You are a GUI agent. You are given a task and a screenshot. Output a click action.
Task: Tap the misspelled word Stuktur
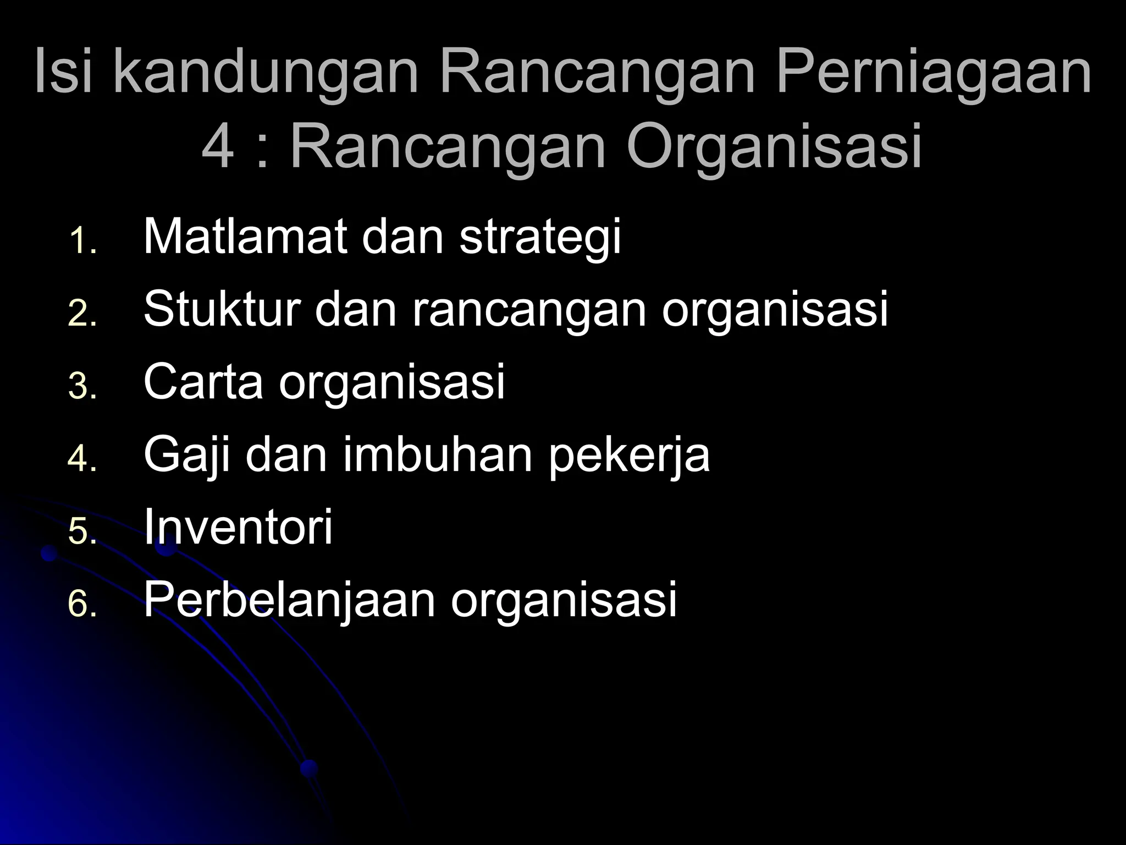[x=222, y=309]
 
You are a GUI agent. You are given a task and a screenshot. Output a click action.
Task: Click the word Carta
[x=203, y=382]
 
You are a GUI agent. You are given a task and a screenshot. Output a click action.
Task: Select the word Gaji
[x=187, y=456]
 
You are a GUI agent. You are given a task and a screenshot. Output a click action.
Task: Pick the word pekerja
[x=629, y=456]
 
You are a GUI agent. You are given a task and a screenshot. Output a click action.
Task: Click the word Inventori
[x=238, y=527]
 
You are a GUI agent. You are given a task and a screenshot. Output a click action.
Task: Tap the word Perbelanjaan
[x=289, y=601]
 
